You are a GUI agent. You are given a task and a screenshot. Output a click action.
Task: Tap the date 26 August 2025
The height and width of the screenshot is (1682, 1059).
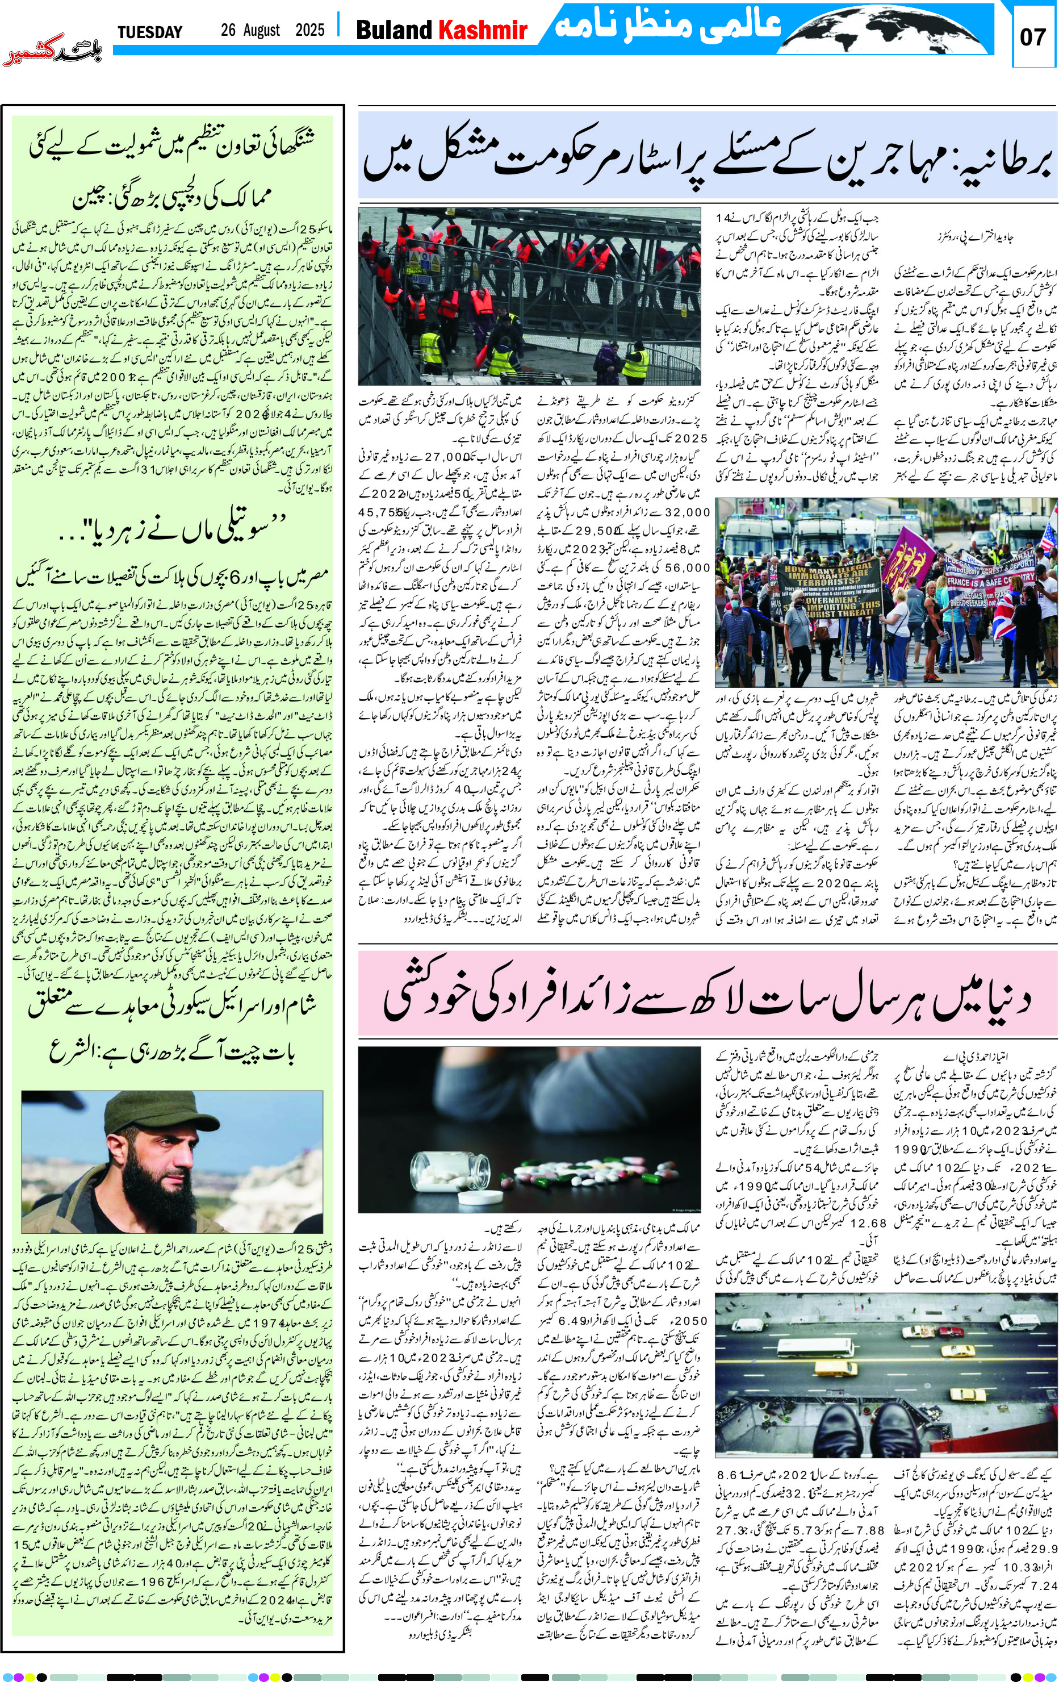[272, 30]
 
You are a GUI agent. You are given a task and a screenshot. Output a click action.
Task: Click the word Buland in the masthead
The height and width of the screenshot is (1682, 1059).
[395, 30]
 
